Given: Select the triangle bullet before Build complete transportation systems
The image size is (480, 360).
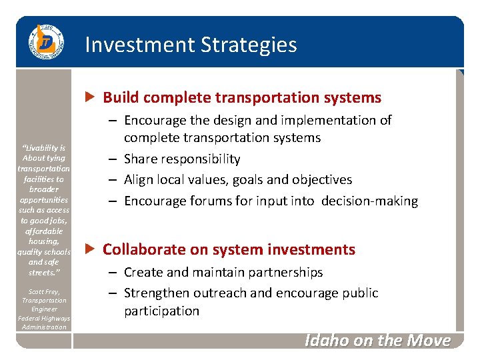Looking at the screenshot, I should click(92, 97).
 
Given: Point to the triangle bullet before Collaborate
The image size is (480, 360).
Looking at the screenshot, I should click(92, 249).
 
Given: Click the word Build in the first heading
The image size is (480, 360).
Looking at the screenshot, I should click(120, 97).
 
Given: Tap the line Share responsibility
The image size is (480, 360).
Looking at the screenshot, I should click(182, 159).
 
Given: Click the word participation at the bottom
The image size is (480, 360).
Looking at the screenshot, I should click(161, 311).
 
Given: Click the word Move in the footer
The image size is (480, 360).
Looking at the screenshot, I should click(430, 340).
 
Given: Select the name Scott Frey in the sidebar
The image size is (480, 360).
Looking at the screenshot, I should click(43, 291).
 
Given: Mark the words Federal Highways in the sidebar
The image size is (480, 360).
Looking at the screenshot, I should click(43, 318).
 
